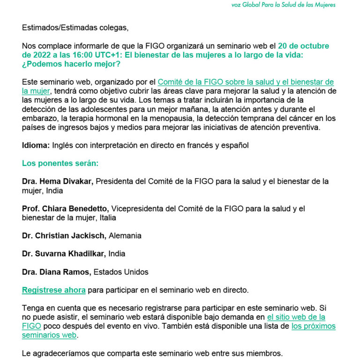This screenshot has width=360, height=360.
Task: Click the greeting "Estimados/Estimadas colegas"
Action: (75, 28)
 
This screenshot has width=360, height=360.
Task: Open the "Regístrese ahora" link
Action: (54, 290)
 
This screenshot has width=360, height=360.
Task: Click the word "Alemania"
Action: (125, 235)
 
